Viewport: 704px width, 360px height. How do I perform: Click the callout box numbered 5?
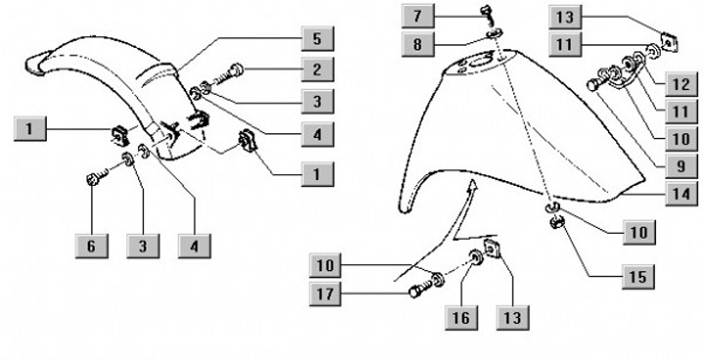click(317, 39)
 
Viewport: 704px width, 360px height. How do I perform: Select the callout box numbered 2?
click(317, 69)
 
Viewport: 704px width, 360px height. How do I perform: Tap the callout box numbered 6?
click(92, 246)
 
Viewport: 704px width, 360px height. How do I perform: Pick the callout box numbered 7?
click(418, 17)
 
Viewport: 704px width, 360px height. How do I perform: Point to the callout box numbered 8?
click(418, 44)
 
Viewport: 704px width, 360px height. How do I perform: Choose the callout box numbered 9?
click(682, 166)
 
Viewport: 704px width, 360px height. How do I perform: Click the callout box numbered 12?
click(682, 84)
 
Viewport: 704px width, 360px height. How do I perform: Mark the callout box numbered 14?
click(682, 194)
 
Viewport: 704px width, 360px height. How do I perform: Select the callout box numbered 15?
click(638, 277)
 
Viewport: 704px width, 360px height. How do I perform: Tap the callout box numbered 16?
click(462, 318)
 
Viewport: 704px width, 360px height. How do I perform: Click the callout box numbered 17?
click(325, 293)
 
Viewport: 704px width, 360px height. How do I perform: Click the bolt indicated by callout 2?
click(229, 74)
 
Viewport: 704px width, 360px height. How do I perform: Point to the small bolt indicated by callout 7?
click(486, 15)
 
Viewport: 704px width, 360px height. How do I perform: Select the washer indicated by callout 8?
click(495, 34)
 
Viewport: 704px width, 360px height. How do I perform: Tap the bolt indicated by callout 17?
click(422, 288)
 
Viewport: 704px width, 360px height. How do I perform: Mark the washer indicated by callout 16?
click(475, 258)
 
